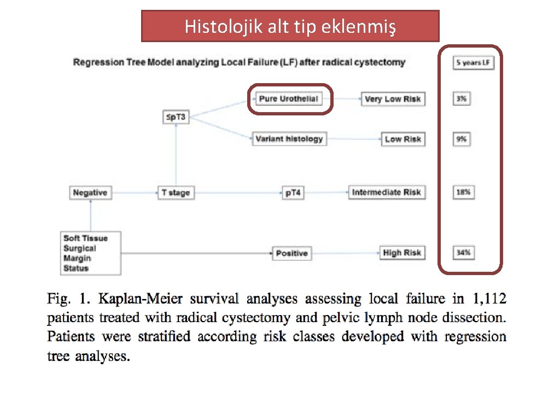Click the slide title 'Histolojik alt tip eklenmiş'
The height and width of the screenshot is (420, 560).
click(290, 26)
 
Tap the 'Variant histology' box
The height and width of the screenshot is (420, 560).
click(289, 139)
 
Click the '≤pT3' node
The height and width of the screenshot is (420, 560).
click(176, 117)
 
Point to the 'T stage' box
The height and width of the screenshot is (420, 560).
click(176, 192)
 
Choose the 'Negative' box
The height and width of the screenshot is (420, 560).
click(90, 192)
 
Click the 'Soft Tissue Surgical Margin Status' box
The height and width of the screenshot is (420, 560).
click(90, 253)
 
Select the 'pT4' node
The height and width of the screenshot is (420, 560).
click(293, 192)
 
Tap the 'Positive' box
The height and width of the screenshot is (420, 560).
click(291, 253)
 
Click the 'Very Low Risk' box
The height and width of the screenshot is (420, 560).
click(393, 99)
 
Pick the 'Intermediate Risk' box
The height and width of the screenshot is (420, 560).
click(386, 192)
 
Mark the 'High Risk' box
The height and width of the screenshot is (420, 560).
click(402, 253)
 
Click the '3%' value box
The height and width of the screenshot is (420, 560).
click(462, 99)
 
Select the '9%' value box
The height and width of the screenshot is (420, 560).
click(462, 139)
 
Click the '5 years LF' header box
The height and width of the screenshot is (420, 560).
click(474, 62)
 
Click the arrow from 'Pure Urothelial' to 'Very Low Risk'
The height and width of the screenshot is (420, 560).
click(347, 99)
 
